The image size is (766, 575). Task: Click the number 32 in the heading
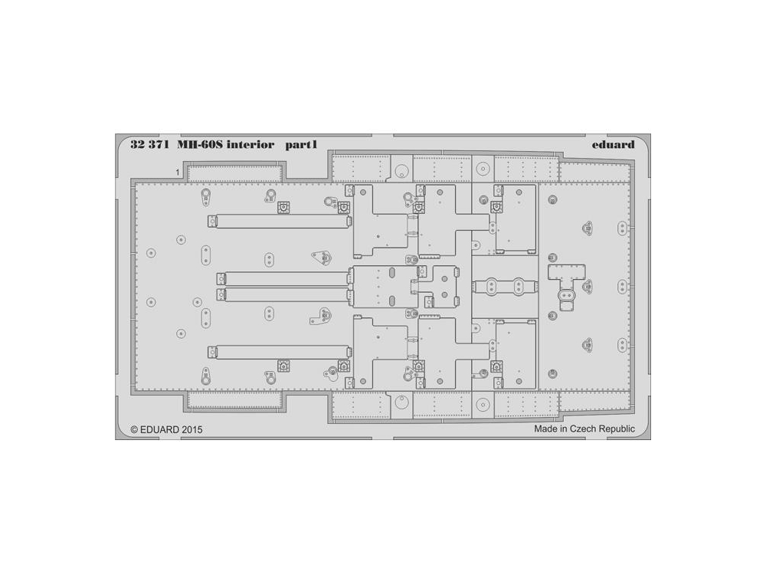click(x=138, y=145)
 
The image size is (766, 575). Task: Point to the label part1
click(x=301, y=145)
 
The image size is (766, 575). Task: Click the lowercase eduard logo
click(x=613, y=145)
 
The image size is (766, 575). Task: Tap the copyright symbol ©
click(x=134, y=430)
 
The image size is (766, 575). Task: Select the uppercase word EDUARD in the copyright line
click(x=160, y=430)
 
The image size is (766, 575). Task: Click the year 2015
click(x=191, y=430)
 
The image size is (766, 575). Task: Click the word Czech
click(x=583, y=429)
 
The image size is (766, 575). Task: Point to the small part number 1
click(x=178, y=172)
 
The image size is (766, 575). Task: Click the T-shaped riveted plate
click(x=566, y=277)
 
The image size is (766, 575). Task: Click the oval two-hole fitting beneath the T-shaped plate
click(x=567, y=295)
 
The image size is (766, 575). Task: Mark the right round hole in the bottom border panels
click(x=482, y=404)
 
